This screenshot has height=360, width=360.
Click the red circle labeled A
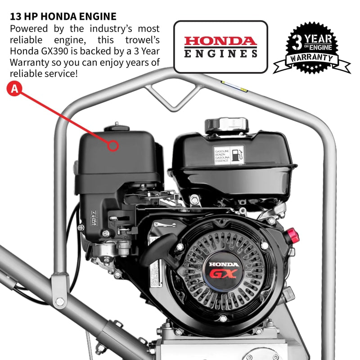click(x=15, y=89)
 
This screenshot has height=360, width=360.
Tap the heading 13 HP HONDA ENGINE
click(x=63, y=17)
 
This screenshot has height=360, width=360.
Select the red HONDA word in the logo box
click(x=220, y=41)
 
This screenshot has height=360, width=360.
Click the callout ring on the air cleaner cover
click(x=113, y=145)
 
